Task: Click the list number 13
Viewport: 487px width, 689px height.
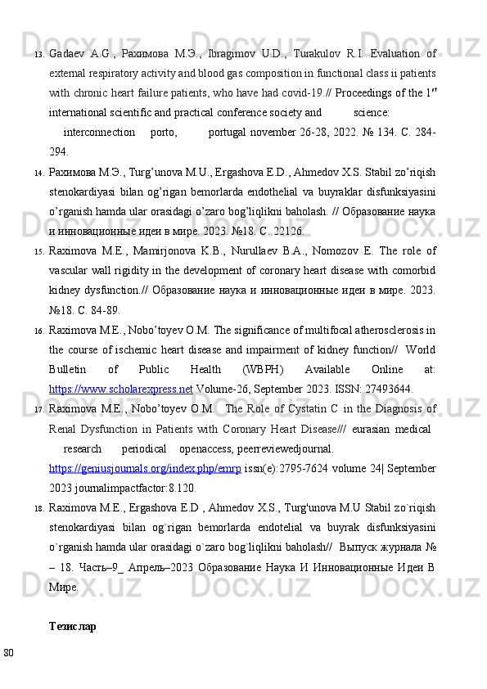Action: pos(38,55)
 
